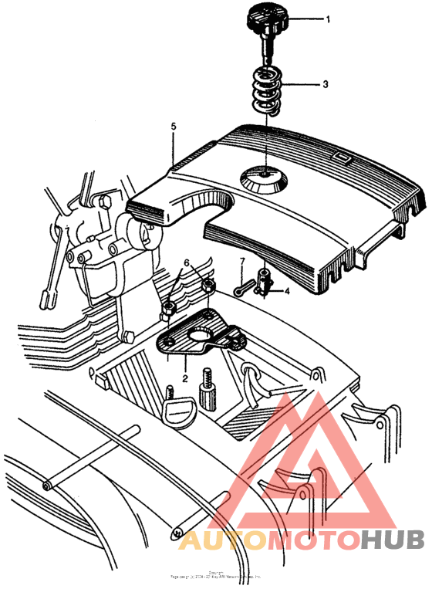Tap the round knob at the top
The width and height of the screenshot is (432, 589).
265,16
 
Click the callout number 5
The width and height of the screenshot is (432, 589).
174,125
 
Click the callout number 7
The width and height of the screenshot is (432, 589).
241,262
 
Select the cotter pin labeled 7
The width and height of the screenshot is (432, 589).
246,291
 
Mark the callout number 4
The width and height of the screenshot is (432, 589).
287,291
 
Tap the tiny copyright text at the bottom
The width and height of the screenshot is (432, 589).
215,575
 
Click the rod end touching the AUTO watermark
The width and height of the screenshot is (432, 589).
176,532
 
